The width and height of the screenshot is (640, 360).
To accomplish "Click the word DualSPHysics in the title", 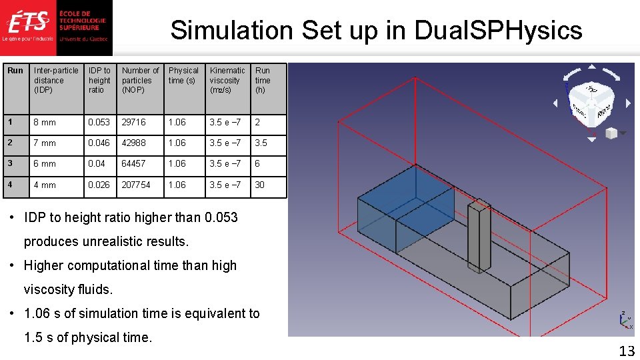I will (x=498, y=30).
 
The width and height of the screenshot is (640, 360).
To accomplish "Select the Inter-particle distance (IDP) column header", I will (x=56, y=80).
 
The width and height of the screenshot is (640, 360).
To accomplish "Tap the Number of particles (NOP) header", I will (x=140, y=80).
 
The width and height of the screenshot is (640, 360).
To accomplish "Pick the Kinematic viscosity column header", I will (x=227, y=80).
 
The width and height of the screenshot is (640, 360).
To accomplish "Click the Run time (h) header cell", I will (x=263, y=80).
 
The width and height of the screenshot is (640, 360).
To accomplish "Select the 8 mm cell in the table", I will (x=45, y=123).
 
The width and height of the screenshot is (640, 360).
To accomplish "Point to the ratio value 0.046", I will (x=99, y=143).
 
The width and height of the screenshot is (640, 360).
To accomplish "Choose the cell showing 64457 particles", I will (x=133, y=164).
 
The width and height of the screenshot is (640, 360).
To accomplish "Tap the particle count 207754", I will (x=136, y=185).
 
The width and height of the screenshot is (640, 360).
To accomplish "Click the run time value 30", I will (x=260, y=185).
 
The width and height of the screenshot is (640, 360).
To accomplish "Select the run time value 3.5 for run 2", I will (x=261, y=143).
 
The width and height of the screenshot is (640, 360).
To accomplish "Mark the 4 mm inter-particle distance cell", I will (x=45, y=185).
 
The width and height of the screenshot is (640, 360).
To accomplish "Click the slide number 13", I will (x=626, y=351).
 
